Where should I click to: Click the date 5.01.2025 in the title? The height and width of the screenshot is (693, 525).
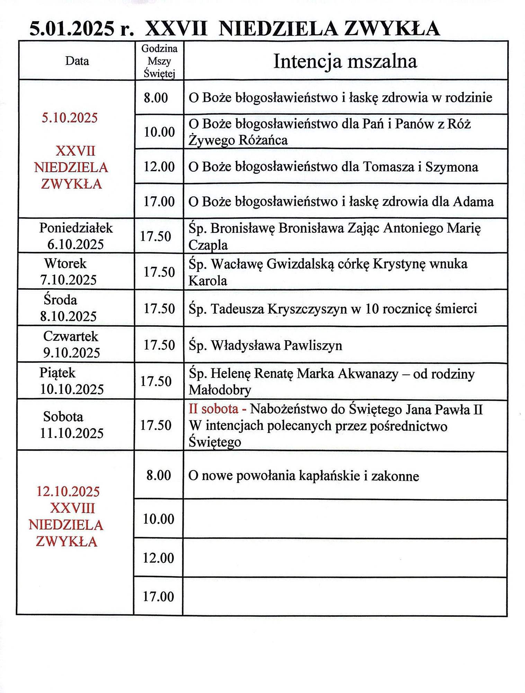point(72,29)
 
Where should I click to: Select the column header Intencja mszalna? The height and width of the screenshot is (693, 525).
point(345,61)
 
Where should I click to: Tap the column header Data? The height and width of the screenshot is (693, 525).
point(77,61)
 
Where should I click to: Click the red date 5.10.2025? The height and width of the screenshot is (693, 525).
point(70,118)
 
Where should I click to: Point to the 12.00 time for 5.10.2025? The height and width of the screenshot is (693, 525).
point(159,167)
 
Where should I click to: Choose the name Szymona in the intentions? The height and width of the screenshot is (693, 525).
point(452,167)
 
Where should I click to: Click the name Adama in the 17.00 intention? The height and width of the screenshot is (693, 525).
point(473,202)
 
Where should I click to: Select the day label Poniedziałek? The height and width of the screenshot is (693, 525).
point(76,228)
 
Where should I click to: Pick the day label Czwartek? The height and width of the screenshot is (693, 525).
point(71,336)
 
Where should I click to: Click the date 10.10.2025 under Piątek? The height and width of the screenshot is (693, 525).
point(72,389)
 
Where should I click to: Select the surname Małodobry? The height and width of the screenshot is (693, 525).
point(220,390)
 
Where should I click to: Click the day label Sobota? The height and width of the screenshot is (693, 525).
point(63,416)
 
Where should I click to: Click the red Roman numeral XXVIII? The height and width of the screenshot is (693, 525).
point(72,508)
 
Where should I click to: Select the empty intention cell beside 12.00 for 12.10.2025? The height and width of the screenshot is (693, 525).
point(345,558)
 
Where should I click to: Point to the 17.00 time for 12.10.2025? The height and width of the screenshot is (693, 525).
point(158,597)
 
